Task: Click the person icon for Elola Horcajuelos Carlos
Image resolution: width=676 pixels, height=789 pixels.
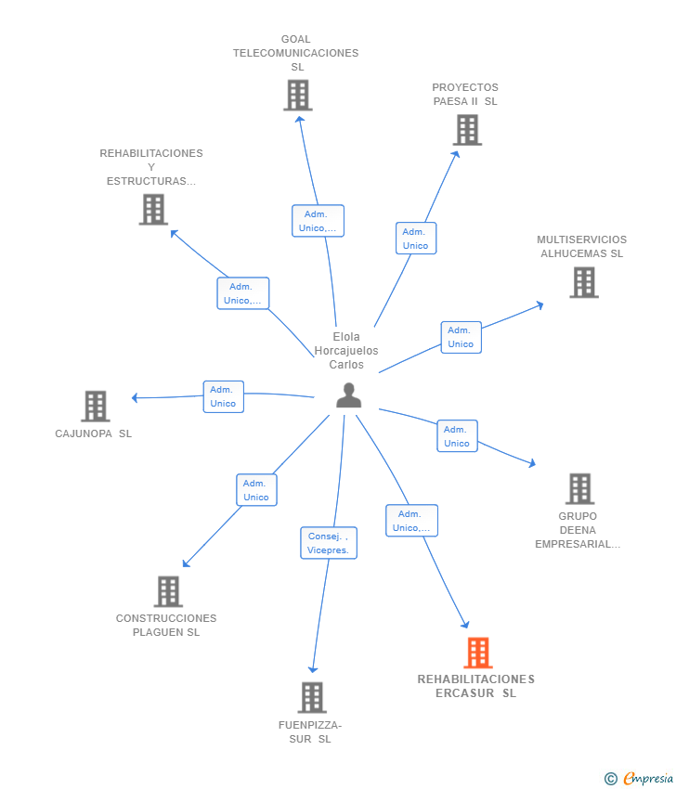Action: point(349,395)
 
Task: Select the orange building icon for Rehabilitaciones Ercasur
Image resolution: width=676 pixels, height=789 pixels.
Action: point(477,653)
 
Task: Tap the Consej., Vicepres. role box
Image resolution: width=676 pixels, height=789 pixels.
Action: point(329,543)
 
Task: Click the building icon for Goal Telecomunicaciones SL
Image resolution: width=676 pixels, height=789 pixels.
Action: point(298,95)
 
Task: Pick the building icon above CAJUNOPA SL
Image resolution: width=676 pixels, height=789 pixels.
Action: point(95,406)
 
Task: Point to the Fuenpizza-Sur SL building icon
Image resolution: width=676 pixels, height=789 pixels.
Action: point(312,697)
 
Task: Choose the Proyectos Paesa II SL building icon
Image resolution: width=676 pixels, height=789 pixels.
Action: point(467,130)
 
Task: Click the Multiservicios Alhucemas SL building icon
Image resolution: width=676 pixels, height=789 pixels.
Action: point(584,282)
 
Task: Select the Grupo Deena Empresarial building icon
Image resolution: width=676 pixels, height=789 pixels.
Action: point(579,488)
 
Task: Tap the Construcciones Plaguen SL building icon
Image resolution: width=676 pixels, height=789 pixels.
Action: point(168,591)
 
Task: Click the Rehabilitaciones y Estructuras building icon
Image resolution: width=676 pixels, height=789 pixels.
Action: point(153,210)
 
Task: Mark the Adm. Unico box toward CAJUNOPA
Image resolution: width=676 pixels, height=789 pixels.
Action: point(224,396)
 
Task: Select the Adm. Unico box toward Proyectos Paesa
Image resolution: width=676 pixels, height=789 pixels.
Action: point(416,238)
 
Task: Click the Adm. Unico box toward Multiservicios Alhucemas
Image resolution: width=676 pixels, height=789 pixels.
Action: point(461,337)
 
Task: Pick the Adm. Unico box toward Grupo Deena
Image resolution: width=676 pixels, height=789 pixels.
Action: point(457,435)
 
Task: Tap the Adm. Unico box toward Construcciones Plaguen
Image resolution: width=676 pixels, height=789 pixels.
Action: point(256,489)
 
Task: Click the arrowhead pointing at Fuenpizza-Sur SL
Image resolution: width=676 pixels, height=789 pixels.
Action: point(313,670)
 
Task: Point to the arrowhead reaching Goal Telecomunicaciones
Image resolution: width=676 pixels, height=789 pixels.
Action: point(300,119)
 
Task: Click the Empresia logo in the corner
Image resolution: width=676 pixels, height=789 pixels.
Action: point(640,779)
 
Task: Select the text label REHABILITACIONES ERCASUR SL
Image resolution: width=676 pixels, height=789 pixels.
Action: point(476,686)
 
